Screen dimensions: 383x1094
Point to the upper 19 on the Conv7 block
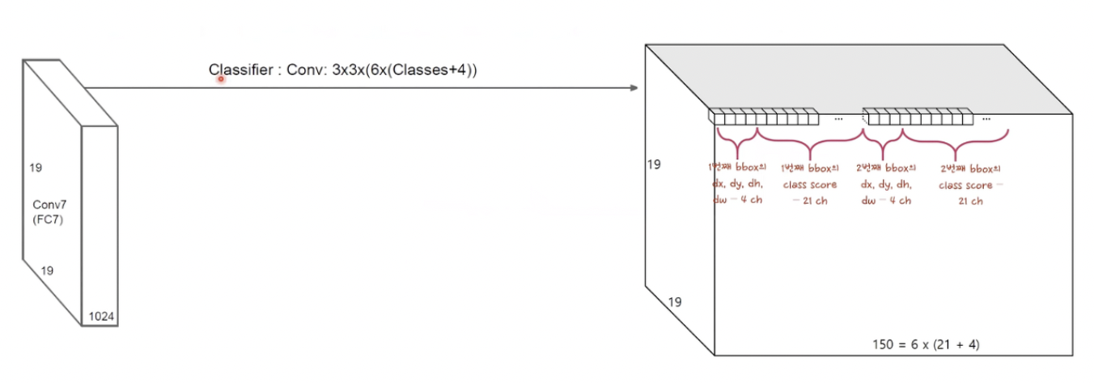coord(35,168)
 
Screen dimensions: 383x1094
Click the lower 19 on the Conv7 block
coord(47,271)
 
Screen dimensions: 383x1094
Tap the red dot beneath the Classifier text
coord(219,79)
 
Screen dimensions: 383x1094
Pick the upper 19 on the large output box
coord(654,165)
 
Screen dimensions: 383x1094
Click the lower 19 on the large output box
coord(675,302)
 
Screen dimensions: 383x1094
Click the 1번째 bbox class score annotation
coord(809,184)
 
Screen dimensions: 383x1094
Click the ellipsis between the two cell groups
coord(837,119)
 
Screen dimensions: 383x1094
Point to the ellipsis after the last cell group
coord(986,119)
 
